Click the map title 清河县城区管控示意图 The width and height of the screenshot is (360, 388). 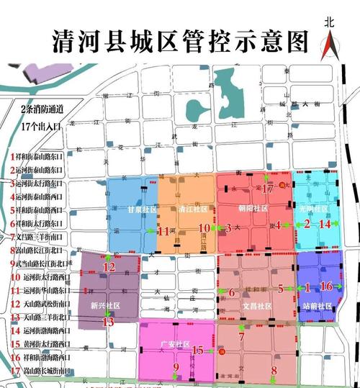coord(180,41)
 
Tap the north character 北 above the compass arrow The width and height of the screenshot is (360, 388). coord(329,22)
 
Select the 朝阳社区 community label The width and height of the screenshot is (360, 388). coord(253,208)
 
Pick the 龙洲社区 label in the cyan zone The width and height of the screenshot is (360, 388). coord(315,208)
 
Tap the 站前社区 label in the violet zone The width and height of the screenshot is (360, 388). coord(318,306)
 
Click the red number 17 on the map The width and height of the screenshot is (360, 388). coord(268,189)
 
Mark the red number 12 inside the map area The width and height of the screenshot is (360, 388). coord(109,267)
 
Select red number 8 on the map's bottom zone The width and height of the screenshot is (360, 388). coord(273,371)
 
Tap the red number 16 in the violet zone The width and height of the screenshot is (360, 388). coord(326,287)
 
